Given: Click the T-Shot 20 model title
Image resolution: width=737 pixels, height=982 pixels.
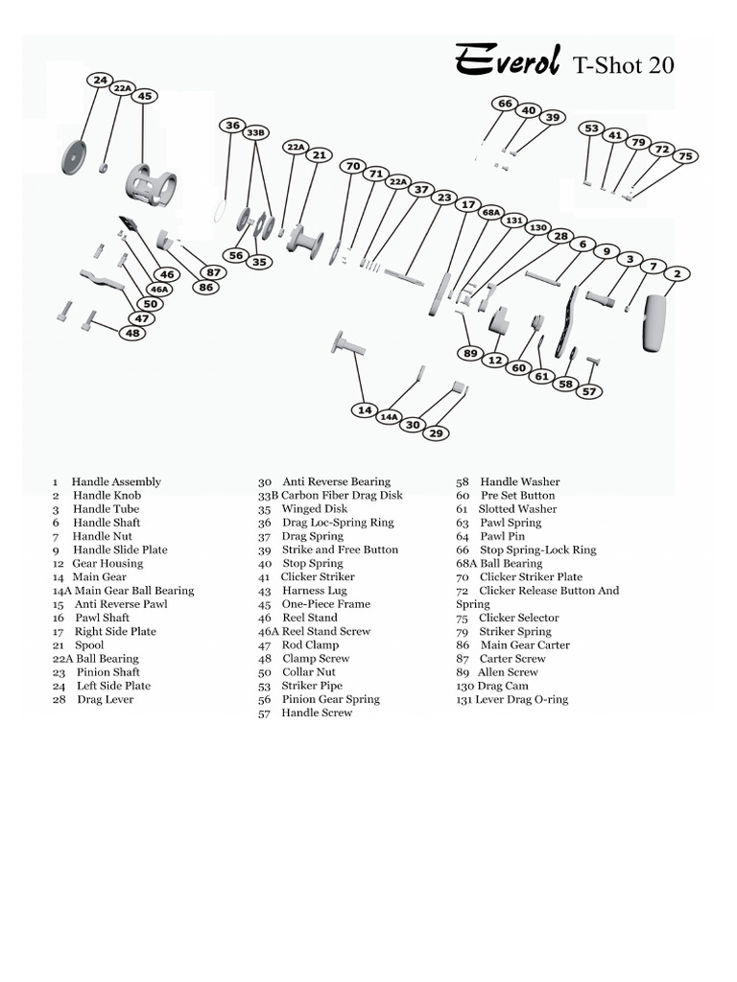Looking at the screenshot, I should coord(623,64).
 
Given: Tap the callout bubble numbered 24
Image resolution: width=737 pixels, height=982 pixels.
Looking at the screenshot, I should coord(100,80).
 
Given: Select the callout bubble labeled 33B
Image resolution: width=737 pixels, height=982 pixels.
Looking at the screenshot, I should coord(255,132).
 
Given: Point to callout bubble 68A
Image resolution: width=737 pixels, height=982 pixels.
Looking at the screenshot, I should coord(490,212).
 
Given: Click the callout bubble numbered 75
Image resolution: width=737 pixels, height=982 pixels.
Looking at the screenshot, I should coord(684,155).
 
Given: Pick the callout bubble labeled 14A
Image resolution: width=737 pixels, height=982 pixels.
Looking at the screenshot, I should coord(389,417).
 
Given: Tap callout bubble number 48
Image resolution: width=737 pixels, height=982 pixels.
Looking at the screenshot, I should coord(132,333).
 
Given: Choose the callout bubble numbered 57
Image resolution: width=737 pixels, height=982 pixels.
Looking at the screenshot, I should coord(588,391).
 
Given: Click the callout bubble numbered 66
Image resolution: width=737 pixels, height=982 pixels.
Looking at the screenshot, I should coord(505,104).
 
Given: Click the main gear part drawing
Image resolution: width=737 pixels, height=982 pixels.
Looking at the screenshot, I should coord(347,342).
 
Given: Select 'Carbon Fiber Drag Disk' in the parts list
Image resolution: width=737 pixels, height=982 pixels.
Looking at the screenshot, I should coord(330,496).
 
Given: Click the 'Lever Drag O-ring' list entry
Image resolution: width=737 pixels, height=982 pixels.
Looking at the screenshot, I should coord(511,700).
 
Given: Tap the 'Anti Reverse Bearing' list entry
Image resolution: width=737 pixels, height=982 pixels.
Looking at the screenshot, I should coord(335,482).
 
